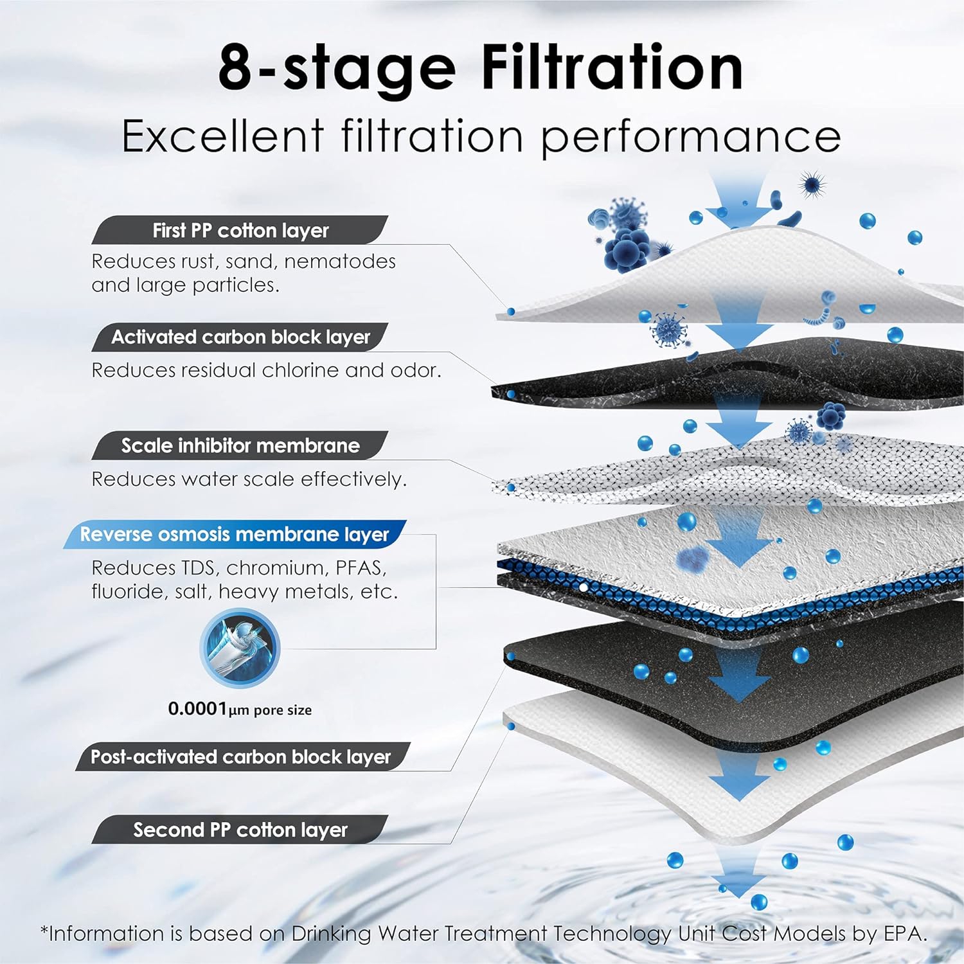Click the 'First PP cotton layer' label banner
click(240, 230)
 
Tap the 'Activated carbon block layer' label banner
click(240, 337)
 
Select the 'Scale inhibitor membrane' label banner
click(240, 445)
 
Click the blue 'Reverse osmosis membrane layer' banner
click(235, 534)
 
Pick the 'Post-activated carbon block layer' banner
click(240, 756)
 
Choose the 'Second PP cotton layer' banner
click(240, 830)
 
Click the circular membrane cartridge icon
click(240, 648)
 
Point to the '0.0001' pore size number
click(197, 709)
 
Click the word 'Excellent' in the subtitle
click(222, 136)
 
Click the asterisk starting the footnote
click(44, 930)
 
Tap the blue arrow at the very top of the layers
click(738, 199)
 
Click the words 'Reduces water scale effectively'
click(249, 479)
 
